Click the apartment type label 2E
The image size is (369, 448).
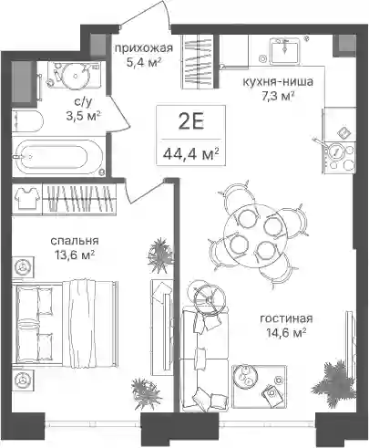(x=191, y=123)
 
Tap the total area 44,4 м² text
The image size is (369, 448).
(x=191, y=154)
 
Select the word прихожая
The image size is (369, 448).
(x=144, y=47)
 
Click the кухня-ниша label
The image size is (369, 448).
(x=278, y=81)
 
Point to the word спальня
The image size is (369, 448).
(x=75, y=241)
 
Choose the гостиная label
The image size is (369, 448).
(x=286, y=318)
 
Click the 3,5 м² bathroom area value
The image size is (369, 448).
(x=84, y=115)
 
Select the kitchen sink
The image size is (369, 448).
(x=285, y=49)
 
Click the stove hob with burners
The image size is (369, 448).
(x=339, y=157)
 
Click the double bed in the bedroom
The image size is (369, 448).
(x=65, y=322)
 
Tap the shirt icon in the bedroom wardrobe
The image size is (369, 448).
(x=27, y=198)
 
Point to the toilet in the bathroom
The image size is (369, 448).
(x=28, y=121)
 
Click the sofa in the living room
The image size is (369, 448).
(x=204, y=359)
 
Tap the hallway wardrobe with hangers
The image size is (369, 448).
(x=200, y=61)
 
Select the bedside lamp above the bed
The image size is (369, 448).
(x=23, y=266)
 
